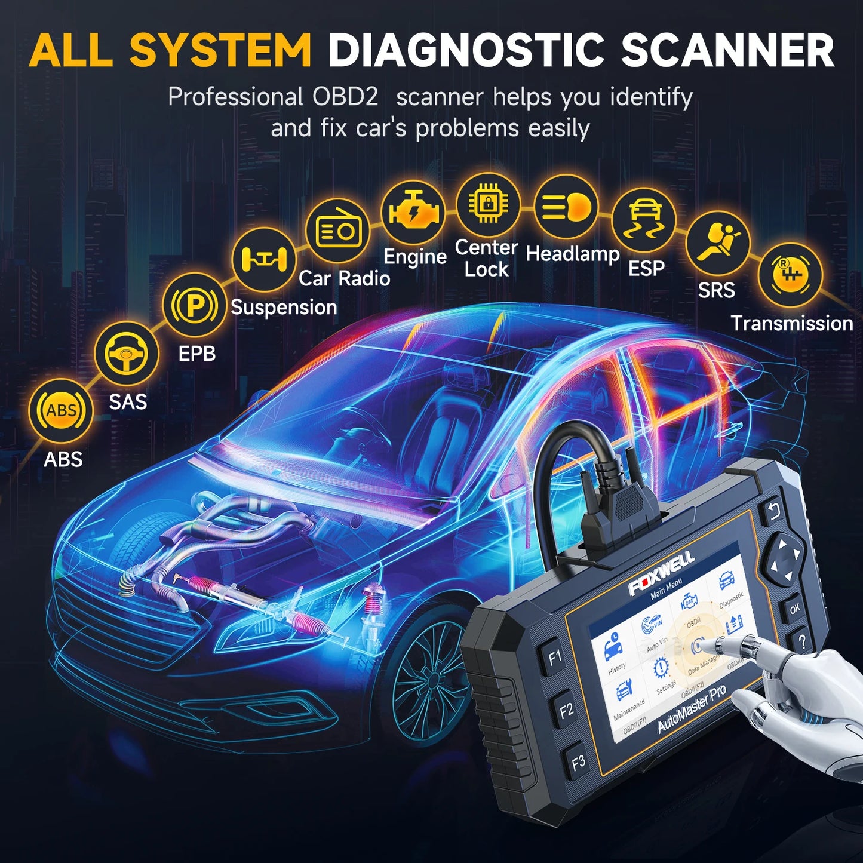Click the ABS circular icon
pos(61,410)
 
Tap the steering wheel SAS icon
pos(127,353)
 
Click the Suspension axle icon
pos(264,259)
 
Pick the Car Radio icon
pos(338,230)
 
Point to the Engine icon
pos(413,213)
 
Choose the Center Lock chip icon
pos(488,204)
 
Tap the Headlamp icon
pos(566,207)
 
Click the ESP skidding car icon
pos(644,220)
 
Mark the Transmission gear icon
pos(790,275)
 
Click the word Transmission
pos(792,323)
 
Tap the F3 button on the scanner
pos(578,762)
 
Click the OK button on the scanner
pos(794,609)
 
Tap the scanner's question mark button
pos(803,642)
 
